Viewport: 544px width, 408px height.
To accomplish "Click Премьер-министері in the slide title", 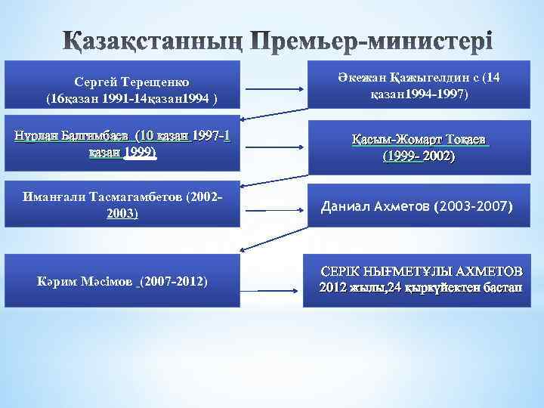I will (x=371, y=39).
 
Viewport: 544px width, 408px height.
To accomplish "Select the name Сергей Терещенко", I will (x=132, y=81).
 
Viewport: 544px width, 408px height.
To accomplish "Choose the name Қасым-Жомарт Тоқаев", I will (x=419, y=140).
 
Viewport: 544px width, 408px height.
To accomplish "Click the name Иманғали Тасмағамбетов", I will (x=110, y=196).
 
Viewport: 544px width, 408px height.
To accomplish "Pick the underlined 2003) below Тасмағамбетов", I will (x=122, y=214).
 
